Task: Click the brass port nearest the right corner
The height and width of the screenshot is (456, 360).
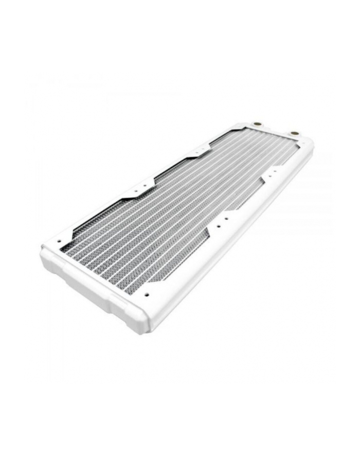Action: click(294, 134)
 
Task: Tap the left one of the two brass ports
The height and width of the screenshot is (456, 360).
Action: click(257, 125)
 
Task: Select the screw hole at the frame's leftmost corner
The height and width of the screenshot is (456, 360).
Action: click(59, 240)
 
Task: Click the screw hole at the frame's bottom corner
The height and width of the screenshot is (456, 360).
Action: click(147, 294)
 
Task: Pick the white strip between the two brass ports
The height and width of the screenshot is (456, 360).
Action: click(275, 129)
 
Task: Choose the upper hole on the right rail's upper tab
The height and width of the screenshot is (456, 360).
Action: click(277, 168)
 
